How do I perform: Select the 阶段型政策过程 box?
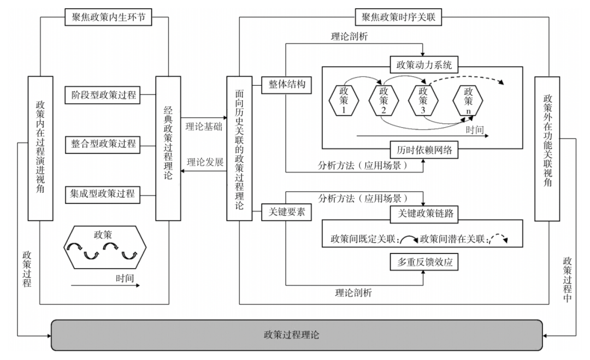102,95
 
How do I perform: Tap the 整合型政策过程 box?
102,144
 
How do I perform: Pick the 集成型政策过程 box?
102,193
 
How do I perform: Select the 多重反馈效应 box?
424,262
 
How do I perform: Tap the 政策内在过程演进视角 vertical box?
40,147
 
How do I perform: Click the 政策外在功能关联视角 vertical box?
547,147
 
